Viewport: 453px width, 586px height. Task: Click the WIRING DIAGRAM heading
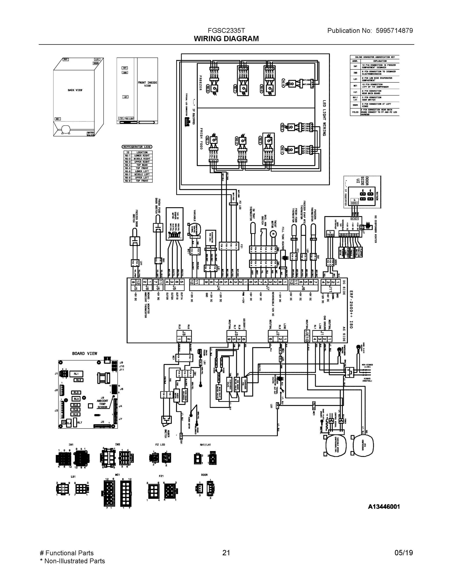click(226, 39)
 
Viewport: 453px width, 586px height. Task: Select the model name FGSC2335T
click(226, 31)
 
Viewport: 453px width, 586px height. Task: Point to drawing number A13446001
click(384, 507)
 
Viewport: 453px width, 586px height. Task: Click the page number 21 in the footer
click(226, 553)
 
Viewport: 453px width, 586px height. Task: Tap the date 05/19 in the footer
click(404, 553)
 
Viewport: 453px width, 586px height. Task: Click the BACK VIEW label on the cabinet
click(75, 90)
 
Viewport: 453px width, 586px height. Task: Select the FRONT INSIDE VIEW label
click(147, 84)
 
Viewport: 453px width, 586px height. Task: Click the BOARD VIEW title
click(84, 353)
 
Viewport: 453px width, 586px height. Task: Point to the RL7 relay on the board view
click(79, 423)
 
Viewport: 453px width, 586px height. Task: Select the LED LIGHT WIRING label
click(324, 118)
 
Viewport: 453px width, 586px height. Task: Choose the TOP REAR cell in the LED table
click(142, 165)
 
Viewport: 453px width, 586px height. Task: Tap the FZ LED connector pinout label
click(160, 445)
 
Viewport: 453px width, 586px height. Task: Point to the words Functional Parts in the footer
click(70, 553)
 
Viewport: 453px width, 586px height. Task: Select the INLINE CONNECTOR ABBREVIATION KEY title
click(375, 57)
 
